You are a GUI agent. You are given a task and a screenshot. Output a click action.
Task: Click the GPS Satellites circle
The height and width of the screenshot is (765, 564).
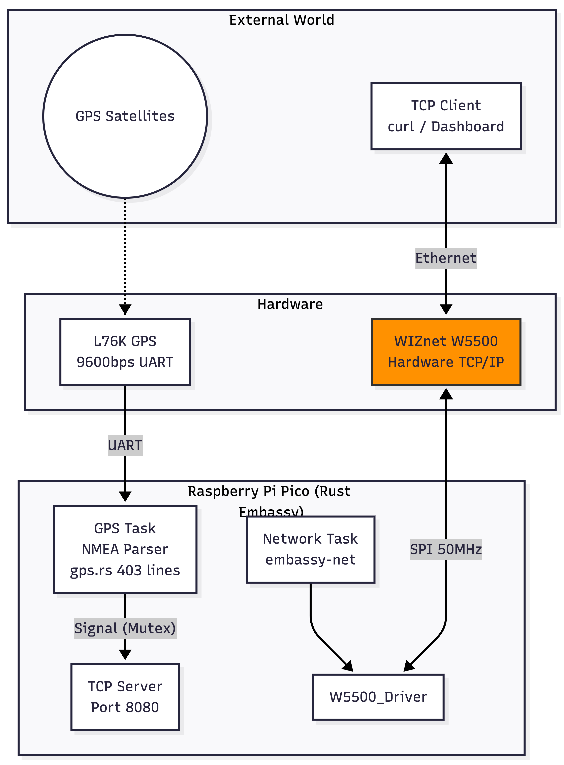point(125,116)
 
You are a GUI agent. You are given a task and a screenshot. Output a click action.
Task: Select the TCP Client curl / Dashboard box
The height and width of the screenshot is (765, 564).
point(446,116)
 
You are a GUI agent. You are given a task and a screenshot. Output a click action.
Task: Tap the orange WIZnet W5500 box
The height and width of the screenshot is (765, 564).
point(446,352)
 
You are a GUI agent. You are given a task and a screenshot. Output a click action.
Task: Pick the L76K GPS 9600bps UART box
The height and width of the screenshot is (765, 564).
point(125,352)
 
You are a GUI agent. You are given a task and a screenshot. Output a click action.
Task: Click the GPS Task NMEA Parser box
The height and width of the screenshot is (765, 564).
point(125,549)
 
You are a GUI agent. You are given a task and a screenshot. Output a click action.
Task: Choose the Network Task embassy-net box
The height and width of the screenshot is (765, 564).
point(310,549)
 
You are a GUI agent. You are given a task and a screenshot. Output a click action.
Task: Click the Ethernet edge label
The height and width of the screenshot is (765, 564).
point(445,258)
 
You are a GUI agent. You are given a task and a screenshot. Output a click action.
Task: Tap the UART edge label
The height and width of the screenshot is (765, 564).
point(125,445)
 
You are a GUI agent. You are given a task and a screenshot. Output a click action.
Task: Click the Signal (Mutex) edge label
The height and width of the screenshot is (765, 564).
point(125,628)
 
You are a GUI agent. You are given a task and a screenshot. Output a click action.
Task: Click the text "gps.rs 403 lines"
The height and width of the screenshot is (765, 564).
point(125,570)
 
